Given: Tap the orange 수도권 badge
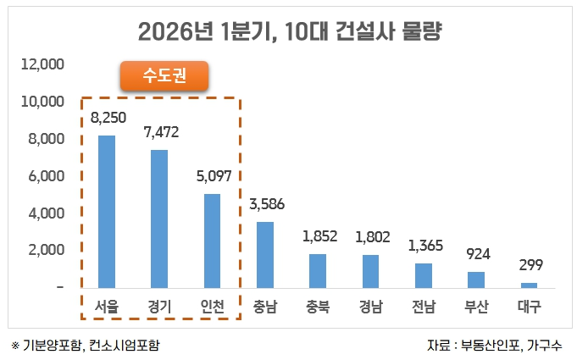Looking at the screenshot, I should click(164, 77).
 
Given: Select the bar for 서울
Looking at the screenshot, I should click(107, 212).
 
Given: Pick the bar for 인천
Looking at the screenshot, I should click(212, 241).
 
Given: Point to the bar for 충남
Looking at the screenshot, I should click(265, 254).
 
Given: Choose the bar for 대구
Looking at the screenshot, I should click(529, 285).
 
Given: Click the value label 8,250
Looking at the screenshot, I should click(108, 118).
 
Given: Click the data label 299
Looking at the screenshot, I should click(530, 265).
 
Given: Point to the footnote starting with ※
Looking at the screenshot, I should click(86, 345).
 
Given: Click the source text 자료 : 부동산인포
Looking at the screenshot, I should click(495, 345).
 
